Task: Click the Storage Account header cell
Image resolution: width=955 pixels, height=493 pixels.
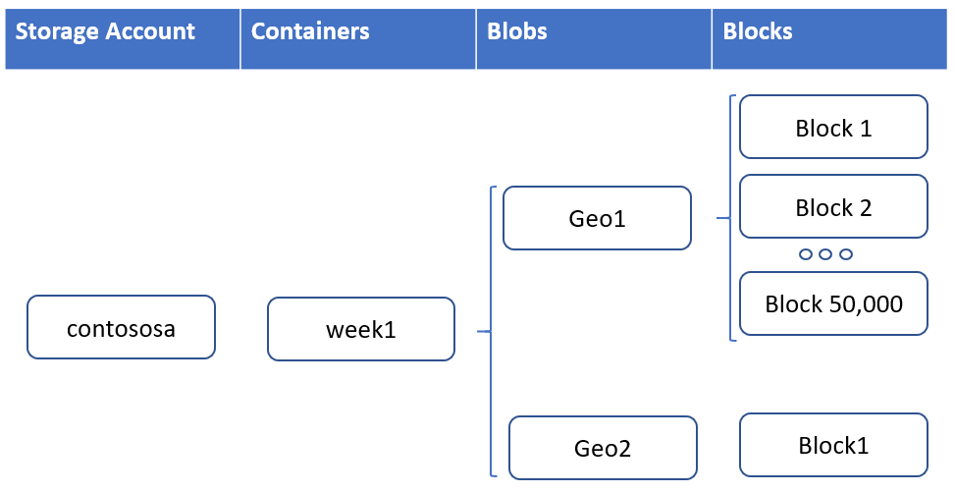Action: click(123, 38)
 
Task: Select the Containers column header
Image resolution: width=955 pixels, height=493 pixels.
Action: click(358, 38)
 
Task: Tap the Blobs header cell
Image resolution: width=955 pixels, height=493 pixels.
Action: click(594, 38)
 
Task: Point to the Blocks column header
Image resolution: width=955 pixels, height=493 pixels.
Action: click(829, 38)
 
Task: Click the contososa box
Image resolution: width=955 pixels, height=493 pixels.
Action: click(121, 327)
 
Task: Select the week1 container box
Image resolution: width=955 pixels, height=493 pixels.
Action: click(361, 329)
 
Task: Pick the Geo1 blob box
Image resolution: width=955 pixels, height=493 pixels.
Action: click(597, 218)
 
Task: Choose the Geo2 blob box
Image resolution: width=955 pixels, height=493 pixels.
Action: click(603, 448)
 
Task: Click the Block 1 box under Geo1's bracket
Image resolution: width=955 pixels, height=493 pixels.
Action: click(833, 127)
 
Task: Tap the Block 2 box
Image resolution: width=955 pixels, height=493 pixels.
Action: click(833, 206)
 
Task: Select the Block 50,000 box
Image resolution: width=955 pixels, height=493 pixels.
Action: click(833, 303)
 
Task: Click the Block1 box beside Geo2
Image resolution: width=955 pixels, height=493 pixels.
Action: click(833, 445)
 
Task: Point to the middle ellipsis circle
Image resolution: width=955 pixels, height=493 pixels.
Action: click(825, 254)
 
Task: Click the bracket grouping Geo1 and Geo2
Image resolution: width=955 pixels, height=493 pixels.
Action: click(491, 332)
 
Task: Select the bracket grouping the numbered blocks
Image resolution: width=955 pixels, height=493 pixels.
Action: click(729, 218)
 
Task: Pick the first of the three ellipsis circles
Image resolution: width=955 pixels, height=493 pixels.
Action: click(805, 254)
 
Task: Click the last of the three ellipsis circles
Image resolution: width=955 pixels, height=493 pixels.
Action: click(845, 254)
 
